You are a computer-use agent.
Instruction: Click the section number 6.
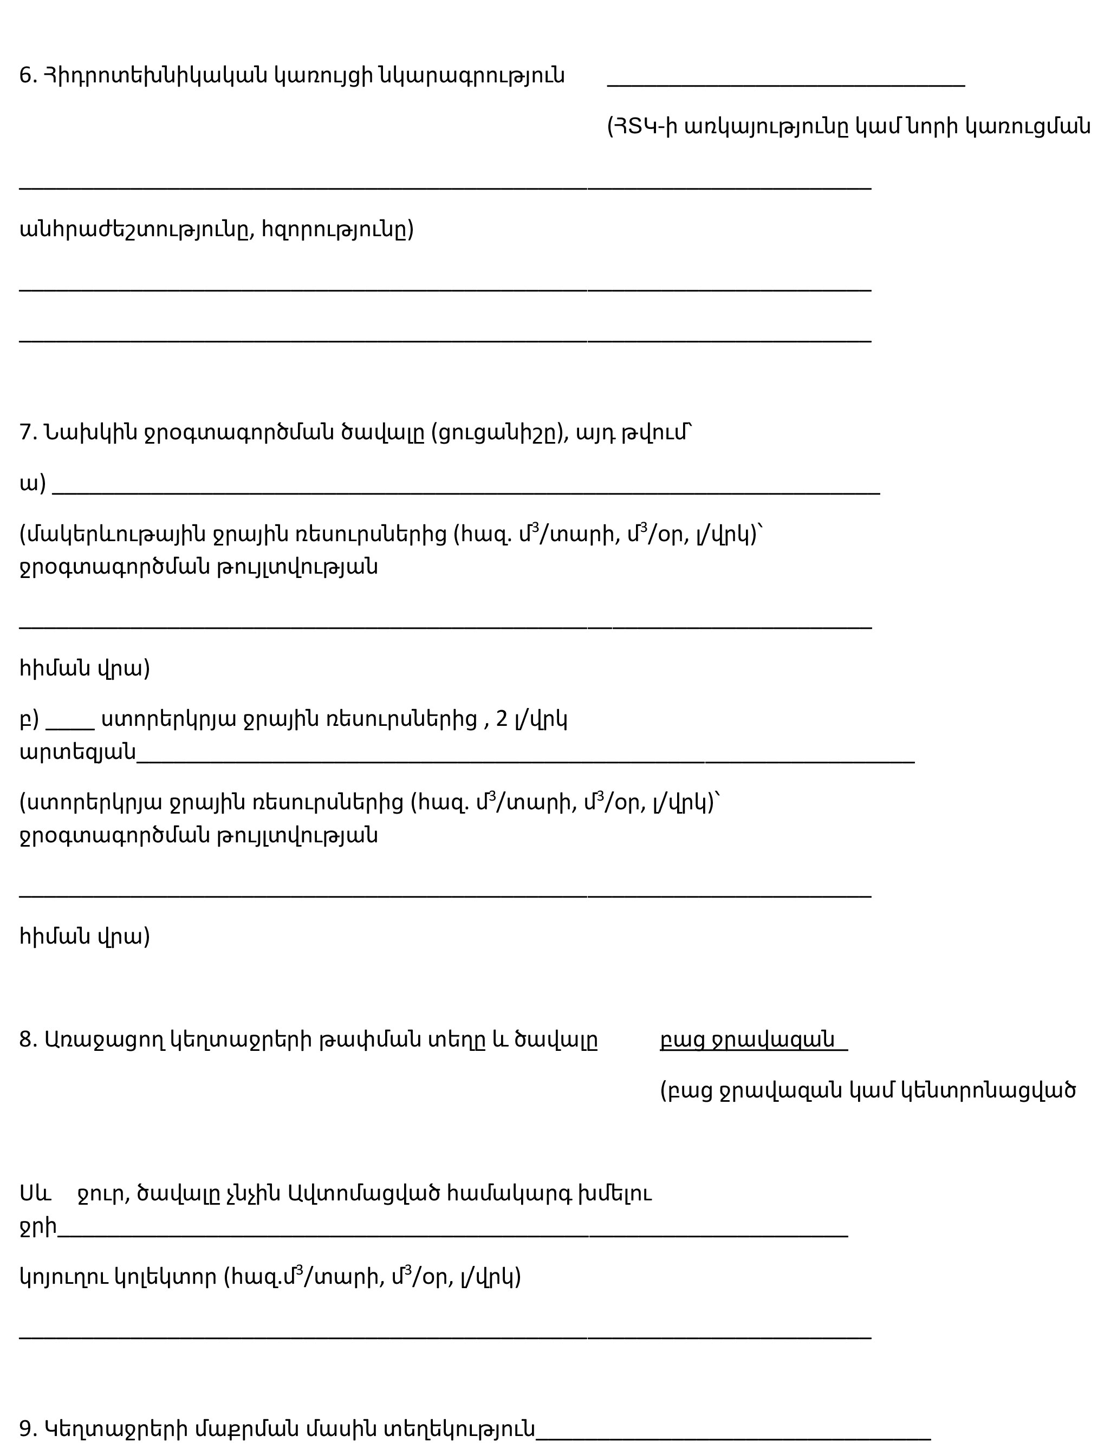click(27, 76)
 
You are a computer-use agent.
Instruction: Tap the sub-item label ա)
click(33, 484)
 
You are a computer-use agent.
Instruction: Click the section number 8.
click(27, 1039)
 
